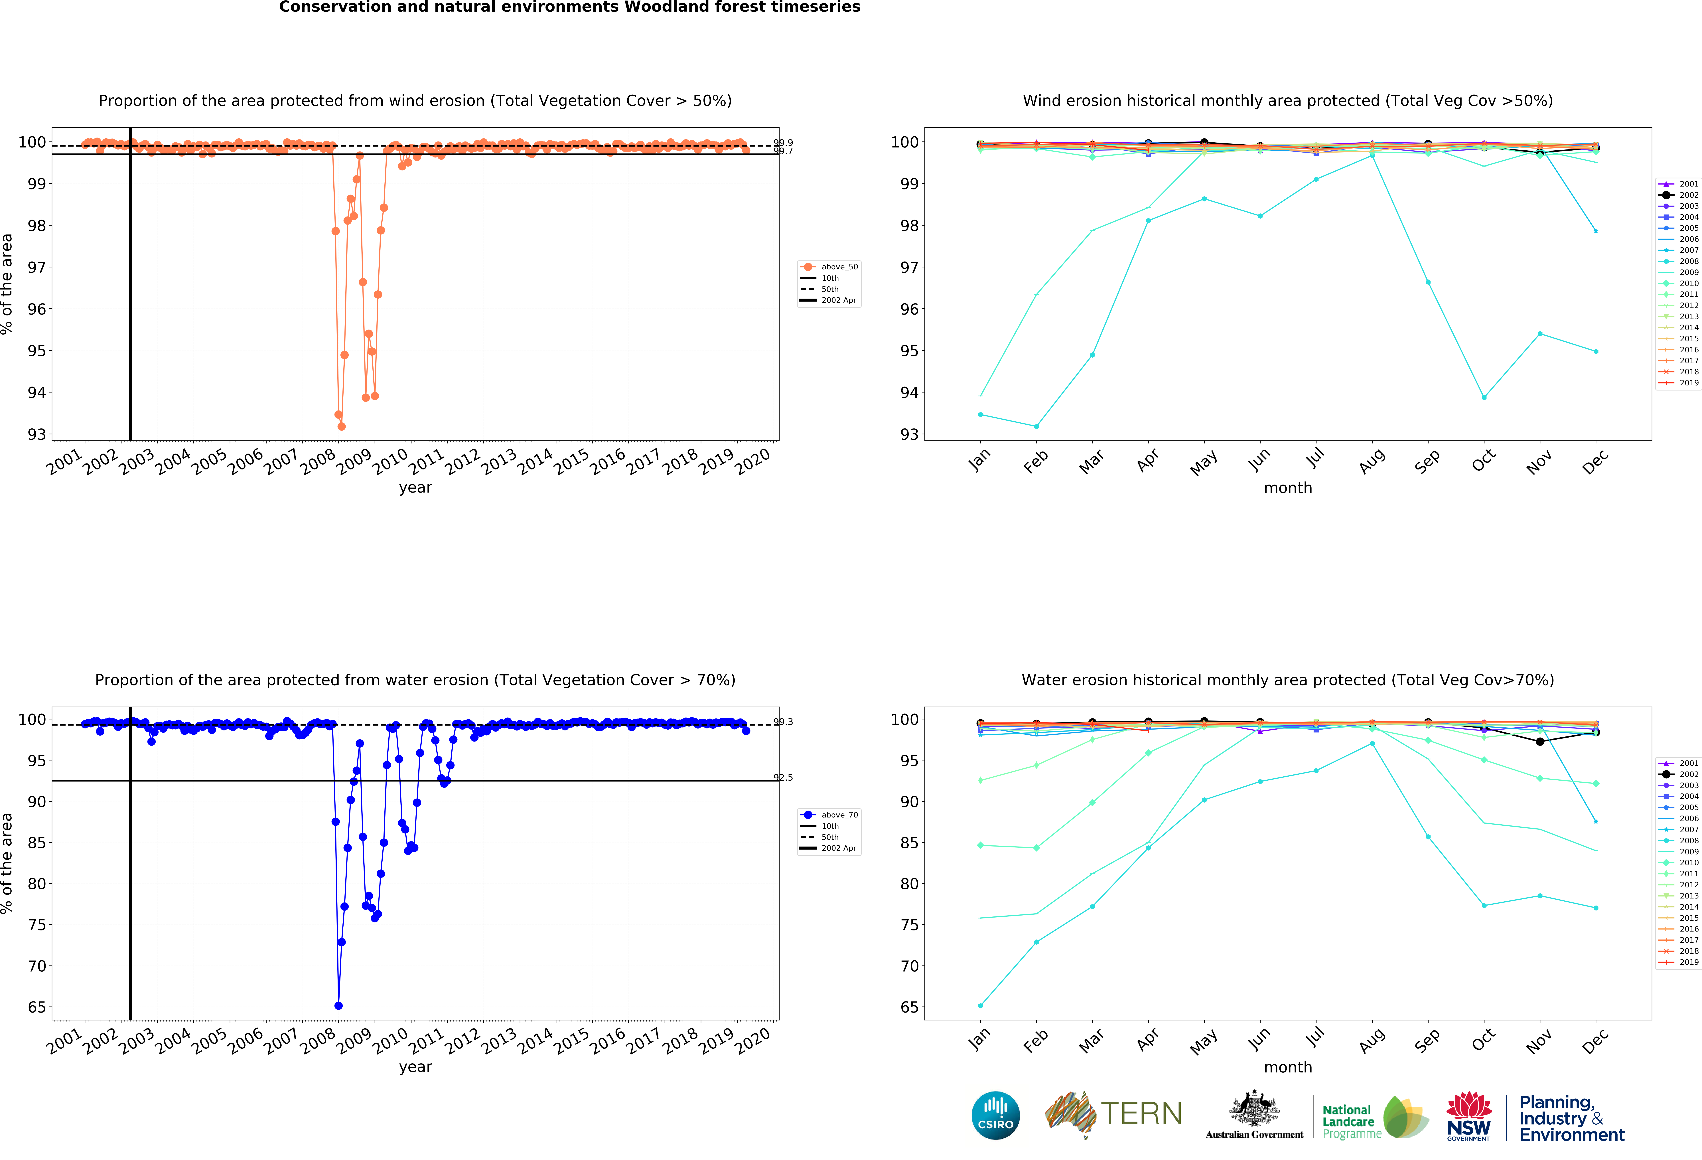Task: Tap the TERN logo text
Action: click(1141, 1114)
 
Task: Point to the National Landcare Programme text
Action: click(1350, 1121)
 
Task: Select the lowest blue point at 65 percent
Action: click(338, 1005)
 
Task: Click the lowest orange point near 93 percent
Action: click(341, 426)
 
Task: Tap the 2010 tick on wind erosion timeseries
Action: click(390, 461)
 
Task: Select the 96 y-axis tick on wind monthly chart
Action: click(909, 309)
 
